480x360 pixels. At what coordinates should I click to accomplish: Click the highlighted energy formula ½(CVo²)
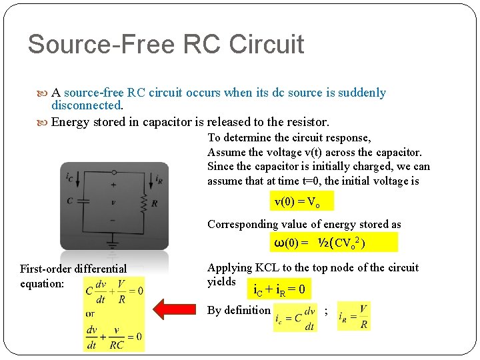coord(333,243)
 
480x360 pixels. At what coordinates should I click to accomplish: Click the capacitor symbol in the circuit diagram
coord(83,200)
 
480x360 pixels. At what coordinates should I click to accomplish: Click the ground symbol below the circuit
coord(113,239)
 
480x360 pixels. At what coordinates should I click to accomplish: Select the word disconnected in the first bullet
coord(87,105)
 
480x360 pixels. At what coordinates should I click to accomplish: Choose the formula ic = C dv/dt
coord(295,318)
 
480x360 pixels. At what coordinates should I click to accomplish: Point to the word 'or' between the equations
coord(91,313)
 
